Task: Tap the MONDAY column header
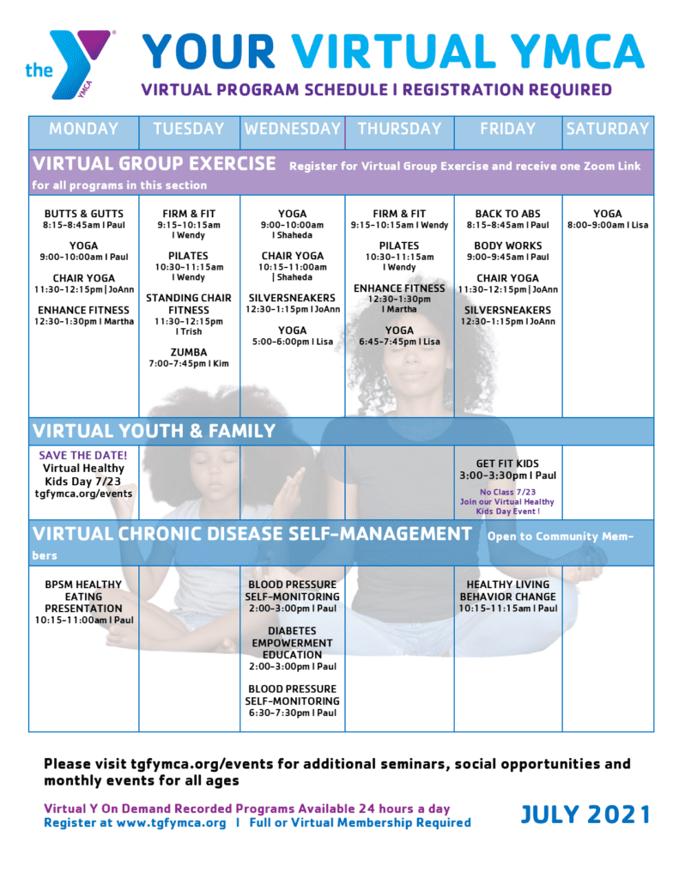tap(83, 129)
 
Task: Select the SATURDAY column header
tap(607, 129)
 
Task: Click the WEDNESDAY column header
tap(292, 129)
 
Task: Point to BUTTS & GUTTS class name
tap(84, 214)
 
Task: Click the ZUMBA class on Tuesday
tap(189, 352)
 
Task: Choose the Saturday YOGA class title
tap(608, 214)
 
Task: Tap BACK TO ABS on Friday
tap(507, 214)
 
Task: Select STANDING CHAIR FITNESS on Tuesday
tap(189, 304)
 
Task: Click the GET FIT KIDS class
tap(507, 464)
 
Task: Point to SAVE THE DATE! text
tap(83, 455)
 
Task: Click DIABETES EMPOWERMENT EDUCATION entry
tap(292, 642)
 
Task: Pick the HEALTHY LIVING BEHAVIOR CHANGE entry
tap(507, 591)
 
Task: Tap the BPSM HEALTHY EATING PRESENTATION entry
tap(83, 596)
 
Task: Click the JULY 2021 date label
tap(585, 815)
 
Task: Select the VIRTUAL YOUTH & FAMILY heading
tap(154, 431)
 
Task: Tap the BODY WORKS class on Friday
tap(507, 246)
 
